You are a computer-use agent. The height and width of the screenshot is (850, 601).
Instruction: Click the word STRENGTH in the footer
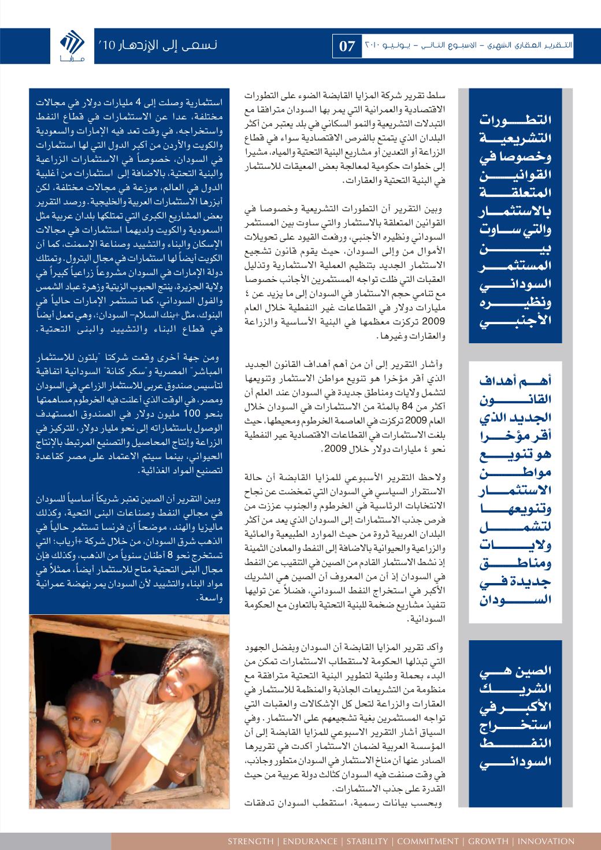[251, 841]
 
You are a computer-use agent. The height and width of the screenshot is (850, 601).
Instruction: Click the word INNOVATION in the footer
[546, 841]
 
